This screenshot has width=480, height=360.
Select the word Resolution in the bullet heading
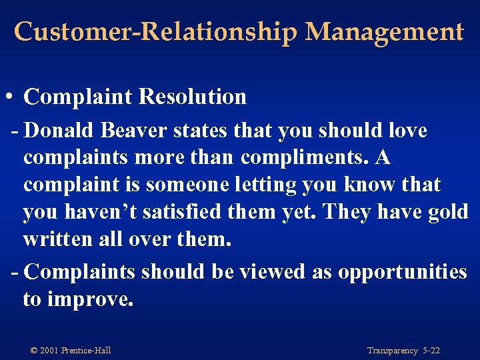(x=192, y=97)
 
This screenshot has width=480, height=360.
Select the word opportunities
(x=402, y=273)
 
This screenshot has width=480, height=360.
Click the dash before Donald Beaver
(x=17, y=131)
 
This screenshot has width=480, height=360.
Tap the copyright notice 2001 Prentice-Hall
(x=71, y=350)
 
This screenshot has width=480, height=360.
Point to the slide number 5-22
(x=431, y=350)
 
